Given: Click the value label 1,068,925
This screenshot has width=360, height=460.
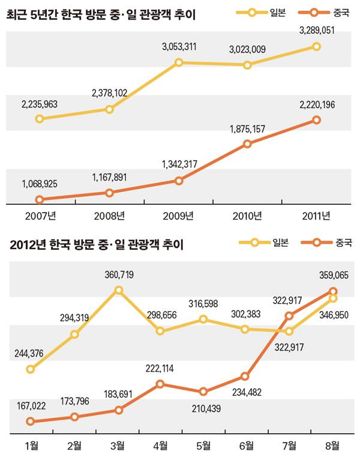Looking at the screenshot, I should point(39,184).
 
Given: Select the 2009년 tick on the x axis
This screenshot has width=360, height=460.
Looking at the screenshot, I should point(178,216).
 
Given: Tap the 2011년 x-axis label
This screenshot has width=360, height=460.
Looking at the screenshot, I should point(317,216).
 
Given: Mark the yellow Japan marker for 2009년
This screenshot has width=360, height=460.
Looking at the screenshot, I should point(178,62).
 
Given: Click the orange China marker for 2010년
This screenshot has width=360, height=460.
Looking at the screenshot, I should point(247,144).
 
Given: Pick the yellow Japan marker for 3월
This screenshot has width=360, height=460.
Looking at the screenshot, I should point(118,290).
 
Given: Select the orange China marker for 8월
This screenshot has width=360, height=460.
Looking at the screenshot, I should point(333,291).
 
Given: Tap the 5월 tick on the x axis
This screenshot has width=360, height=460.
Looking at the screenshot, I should point(203,446).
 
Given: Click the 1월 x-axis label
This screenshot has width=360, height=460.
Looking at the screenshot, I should point(31,446).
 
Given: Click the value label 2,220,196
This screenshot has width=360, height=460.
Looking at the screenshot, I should point(317,105).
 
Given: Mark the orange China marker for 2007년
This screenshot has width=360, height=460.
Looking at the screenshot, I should point(40,199).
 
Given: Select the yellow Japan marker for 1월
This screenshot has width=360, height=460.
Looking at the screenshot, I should point(31,369).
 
